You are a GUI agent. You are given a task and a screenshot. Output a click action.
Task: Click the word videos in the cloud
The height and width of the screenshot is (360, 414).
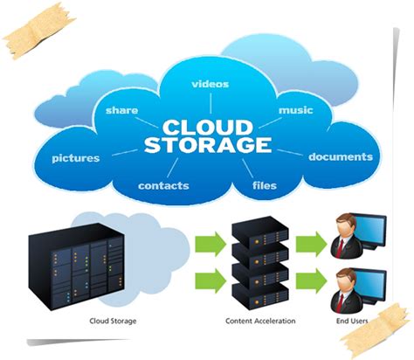click(210, 84)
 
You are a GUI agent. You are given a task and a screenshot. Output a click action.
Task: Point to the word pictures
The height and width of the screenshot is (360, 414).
click(75, 158)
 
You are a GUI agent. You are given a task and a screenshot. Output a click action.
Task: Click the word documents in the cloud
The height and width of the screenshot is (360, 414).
click(341, 157)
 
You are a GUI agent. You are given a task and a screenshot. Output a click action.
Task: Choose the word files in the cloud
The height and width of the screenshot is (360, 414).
click(265, 186)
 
